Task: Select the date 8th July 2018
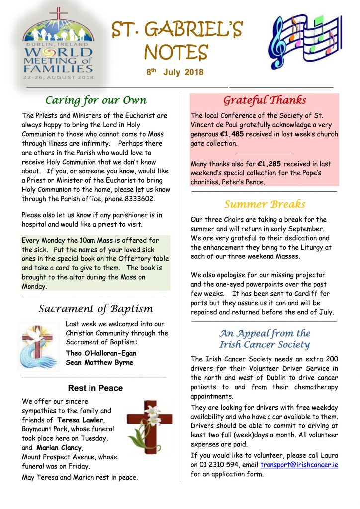point(175,72)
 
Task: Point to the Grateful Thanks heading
point(264,100)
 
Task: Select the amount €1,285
point(271,164)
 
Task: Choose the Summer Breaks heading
point(265,204)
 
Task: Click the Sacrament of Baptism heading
point(96,309)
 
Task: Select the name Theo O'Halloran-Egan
point(101,353)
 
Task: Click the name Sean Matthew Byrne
point(99,362)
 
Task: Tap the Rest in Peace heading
point(95,388)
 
